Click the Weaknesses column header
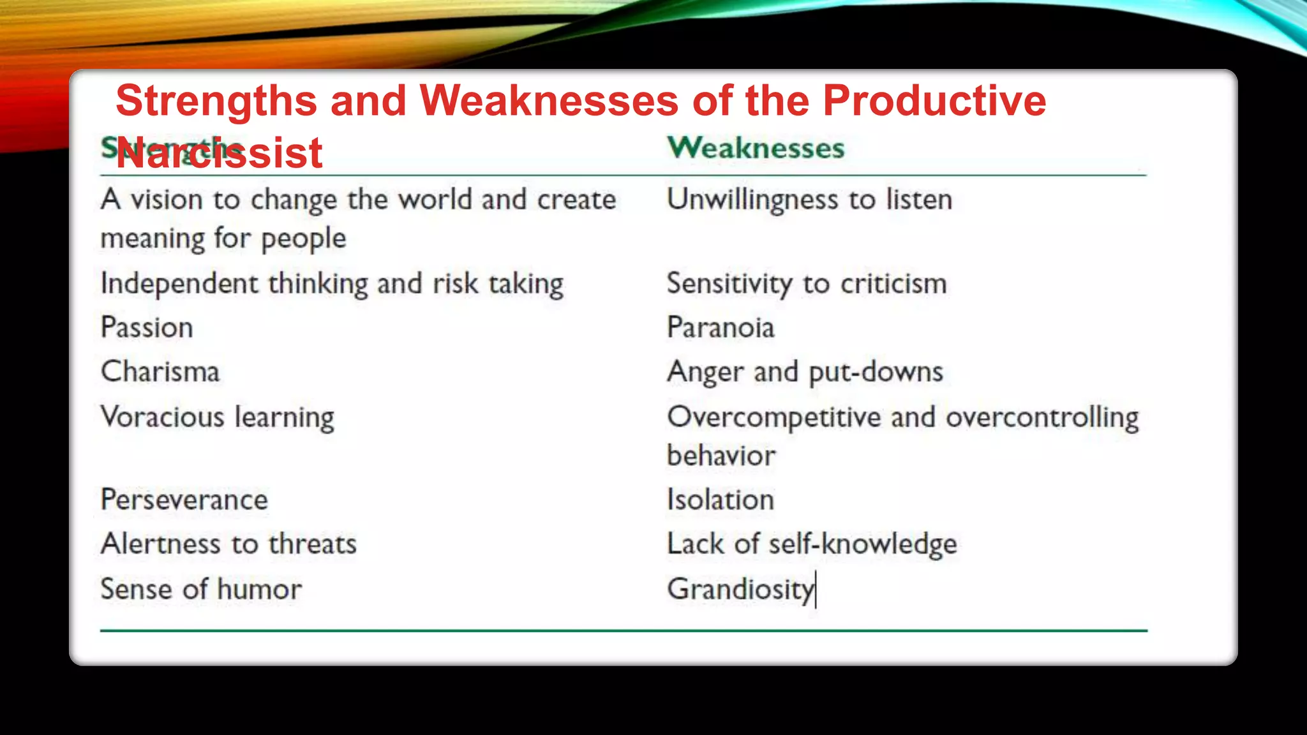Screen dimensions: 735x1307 tap(756, 148)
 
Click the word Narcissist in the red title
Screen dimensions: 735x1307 tap(219, 153)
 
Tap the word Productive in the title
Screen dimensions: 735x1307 tap(934, 101)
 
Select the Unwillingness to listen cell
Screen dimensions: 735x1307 tap(809, 200)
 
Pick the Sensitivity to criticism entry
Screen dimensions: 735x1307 tap(807, 284)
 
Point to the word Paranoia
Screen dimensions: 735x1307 tap(721, 328)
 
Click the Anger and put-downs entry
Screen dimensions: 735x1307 tap(805, 372)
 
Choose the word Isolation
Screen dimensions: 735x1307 tap(721, 500)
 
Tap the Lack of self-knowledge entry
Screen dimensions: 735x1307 tap(812, 544)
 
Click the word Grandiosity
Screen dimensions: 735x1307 tap(740, 589)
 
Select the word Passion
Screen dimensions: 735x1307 tap(147, 328)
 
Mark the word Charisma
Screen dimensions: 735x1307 tap(160, 372)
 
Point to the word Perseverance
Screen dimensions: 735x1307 tap(184, 500)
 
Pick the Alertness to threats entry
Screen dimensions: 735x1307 tap(228, 544)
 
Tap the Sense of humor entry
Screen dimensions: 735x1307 tap(201, 589)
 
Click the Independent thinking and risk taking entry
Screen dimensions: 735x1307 tap(332, 284)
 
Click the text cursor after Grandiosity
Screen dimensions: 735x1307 tap(816, 590)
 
